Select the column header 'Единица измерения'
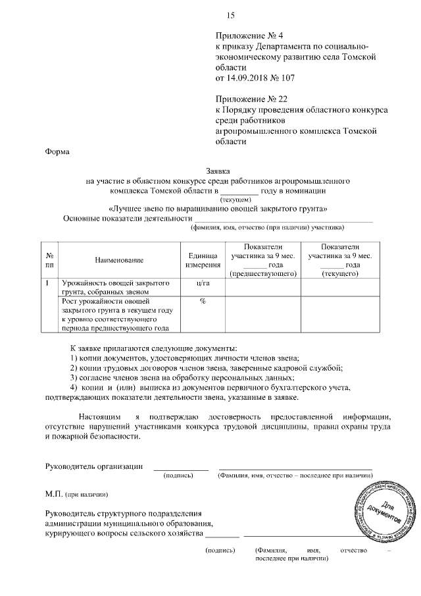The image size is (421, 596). click(x=202, y=259)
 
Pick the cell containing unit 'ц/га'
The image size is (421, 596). click(x=202, y=283)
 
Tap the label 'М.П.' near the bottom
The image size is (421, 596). click(x=53, y=493)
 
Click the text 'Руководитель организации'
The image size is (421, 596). click(x=94, y=466)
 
